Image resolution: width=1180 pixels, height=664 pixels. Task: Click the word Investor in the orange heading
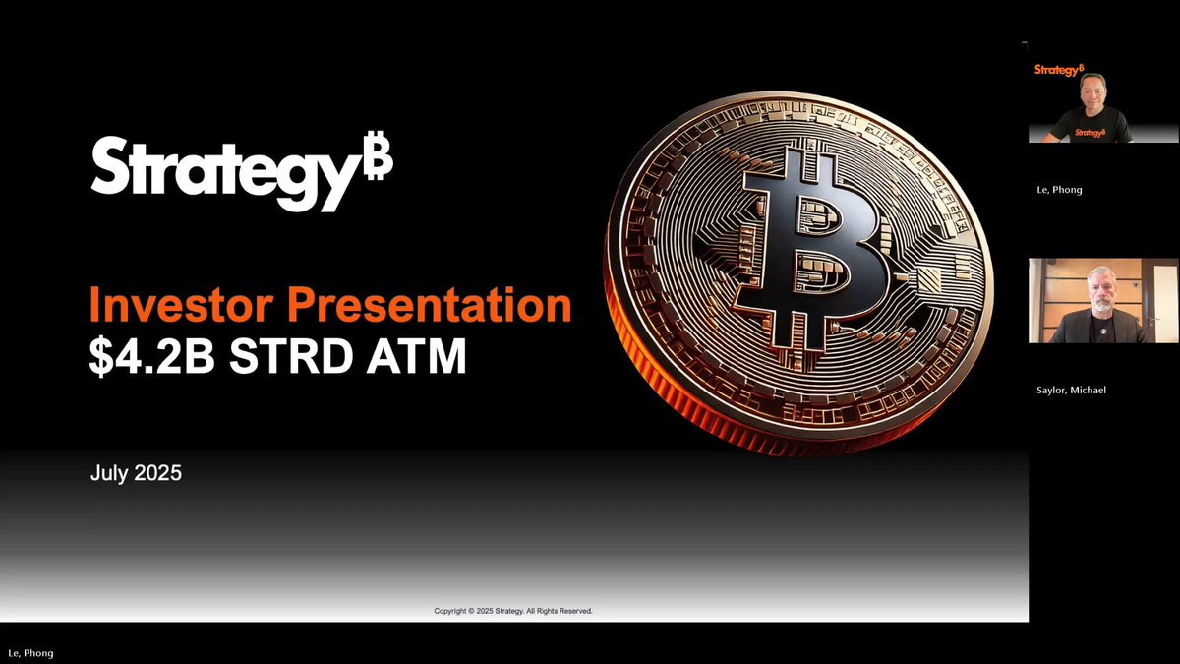coord(182,305)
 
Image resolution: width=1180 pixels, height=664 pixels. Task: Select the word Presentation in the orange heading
coord(430,305)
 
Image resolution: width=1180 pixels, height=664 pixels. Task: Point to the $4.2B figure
coord(152,356)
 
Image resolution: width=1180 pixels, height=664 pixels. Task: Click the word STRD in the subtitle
coord(291,356)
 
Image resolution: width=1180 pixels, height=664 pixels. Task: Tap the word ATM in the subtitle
coord(417,356)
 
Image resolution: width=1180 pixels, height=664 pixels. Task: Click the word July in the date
coord(109,473)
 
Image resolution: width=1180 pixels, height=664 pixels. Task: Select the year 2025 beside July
coord(158,473)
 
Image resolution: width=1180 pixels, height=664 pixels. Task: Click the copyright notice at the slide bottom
coord(513,611)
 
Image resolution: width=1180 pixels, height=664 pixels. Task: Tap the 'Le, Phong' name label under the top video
coord(1059,190)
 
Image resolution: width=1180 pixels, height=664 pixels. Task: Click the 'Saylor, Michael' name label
coord(1071,390)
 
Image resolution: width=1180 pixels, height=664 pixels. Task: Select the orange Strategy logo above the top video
coord(1059,70)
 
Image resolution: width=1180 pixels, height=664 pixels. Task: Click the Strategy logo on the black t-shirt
coord(1090,132)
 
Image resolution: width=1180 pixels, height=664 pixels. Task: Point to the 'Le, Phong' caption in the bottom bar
coord(30,653)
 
